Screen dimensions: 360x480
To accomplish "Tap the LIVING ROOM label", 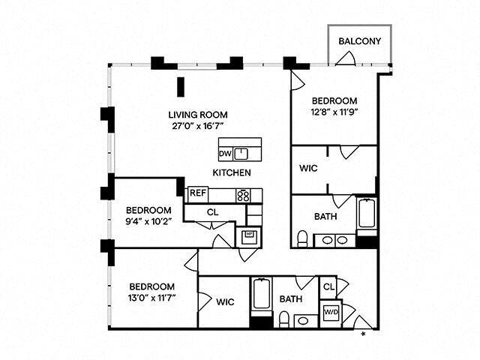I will click(197, 115).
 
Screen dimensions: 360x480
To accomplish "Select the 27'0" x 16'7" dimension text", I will click(197, 126).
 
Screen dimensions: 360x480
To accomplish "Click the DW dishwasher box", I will click(225, 154).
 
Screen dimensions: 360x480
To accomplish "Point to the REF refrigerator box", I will click(197, 193).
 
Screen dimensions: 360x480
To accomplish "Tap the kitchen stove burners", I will click(243, 195).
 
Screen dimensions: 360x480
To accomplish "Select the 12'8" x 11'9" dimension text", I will click(334, 112).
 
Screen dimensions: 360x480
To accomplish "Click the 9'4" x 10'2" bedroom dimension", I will click(148, 221).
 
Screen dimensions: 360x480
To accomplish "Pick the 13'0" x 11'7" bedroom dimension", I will click(152, 298).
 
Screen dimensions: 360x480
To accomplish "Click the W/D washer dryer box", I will click(331, 311).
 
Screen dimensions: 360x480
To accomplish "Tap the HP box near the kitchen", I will click(248, 235).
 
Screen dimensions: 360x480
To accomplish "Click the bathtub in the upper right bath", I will click(366, 214).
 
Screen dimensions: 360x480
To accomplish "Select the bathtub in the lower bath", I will click(260, 295).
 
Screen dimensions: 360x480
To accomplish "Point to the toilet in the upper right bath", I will click(302, 239).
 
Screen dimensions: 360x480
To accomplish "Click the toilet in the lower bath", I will click(284, 320).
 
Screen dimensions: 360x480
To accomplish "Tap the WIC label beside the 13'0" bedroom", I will click(225, 302).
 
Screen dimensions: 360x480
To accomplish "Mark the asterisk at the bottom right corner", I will click(365, 332).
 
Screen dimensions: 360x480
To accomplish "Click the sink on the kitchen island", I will click(241, 154).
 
